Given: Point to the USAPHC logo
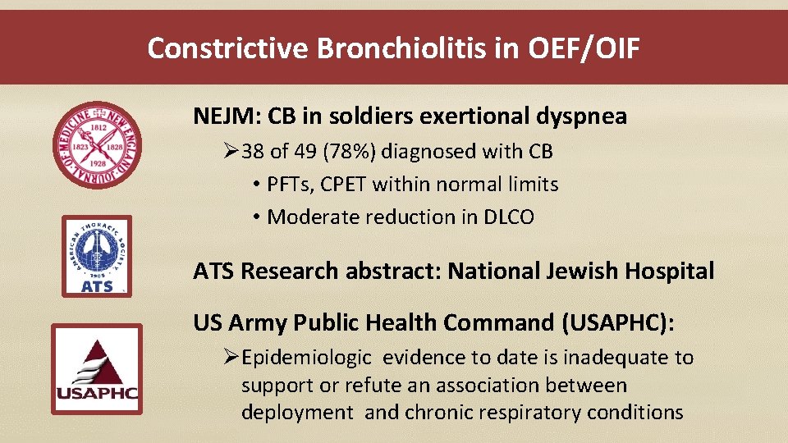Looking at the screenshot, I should [x=97, y=371].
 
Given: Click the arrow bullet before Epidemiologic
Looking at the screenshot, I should [x=231, y=358].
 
